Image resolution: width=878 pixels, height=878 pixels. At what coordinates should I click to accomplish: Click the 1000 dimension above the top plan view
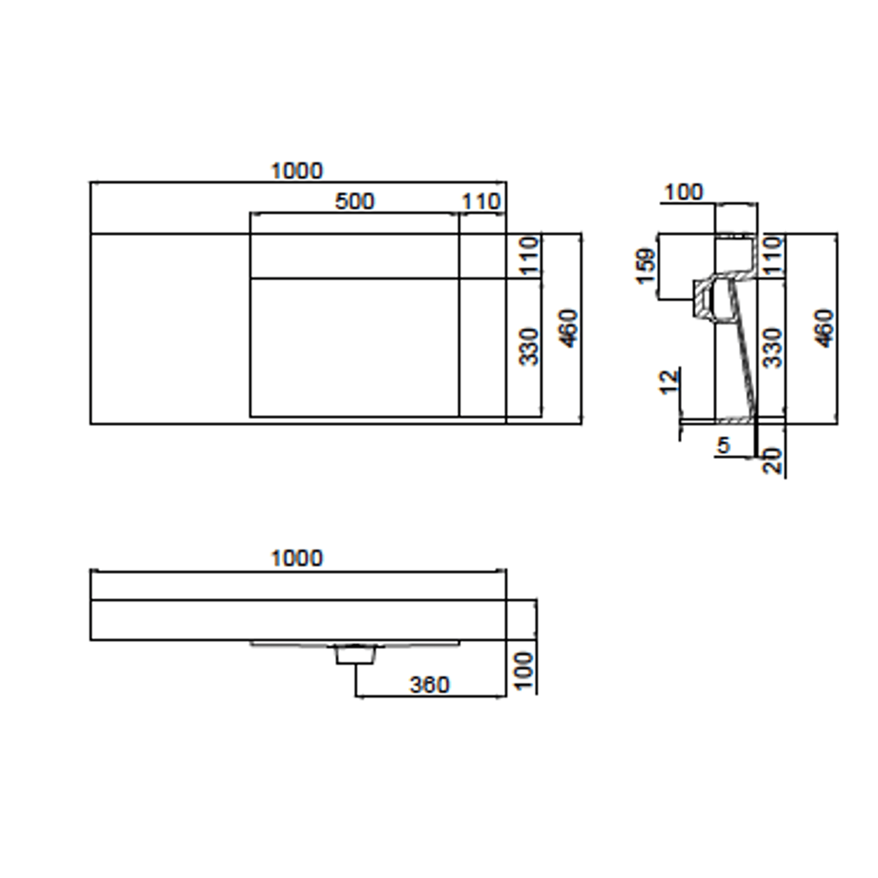[x=297, y=171]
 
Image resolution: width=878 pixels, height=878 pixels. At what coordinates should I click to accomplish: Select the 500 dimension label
[x=355, y=202]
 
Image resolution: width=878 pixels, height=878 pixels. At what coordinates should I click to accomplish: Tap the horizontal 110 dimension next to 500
[x=481, y=202]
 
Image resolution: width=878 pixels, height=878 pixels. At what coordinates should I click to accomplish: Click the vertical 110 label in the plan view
[x=530, y=256]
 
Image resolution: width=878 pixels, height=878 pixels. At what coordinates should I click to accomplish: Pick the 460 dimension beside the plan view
[x=568, y=328]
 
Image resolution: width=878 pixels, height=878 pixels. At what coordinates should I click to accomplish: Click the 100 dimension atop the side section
[x=683, y=192]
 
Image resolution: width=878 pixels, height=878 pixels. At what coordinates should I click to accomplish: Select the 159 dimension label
[x=646, y=266]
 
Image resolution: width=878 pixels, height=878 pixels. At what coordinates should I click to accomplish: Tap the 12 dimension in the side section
[x=669, y=382]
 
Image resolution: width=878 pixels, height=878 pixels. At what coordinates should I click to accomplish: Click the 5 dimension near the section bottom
[x=723, y=446]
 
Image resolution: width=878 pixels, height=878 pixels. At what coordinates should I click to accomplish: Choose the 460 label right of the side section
[x=824, y=328]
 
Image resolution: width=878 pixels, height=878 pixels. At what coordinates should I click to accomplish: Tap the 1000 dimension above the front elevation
[x=297, y=558]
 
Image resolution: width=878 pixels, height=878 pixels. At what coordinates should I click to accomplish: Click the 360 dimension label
[x=430, y=685]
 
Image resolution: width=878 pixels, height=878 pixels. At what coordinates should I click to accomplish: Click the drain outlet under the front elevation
[x=355, y=655]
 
